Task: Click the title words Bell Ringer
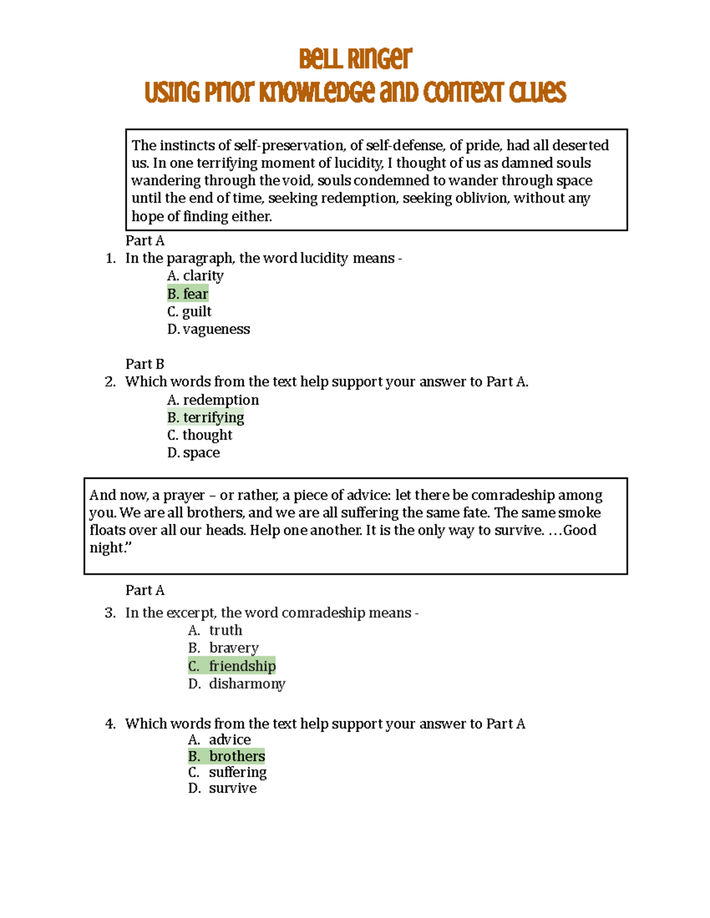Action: tap(355, 59)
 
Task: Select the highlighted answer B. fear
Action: tap(188, 294)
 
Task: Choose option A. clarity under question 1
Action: tap(195, 276)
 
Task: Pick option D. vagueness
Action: tap(208, 329)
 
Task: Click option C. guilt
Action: tap(189, 312)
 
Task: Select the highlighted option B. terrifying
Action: tap(205, 417)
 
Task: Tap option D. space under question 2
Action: tap(193, 453)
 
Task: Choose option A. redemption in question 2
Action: tap(213, 400)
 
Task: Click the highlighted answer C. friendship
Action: tap(232, 666)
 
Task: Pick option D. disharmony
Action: tap(237, 684)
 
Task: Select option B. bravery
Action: tap(224, 648)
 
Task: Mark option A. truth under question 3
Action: tap(215, 630)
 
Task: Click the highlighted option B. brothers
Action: tap(227, 756)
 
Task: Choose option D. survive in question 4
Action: tap(222, 788)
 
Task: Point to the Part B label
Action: tap(144, 364)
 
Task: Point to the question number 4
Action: tap(110, 724)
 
